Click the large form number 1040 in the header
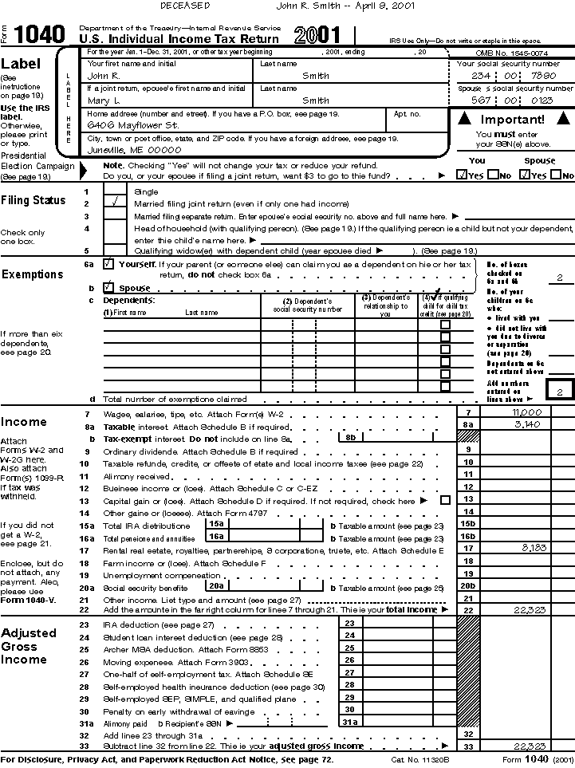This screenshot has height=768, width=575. tap(40, 34)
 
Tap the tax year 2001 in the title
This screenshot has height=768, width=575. tap(317, 35)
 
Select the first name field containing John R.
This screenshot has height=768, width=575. tap(103, 76)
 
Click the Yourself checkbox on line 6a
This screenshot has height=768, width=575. tap(109, 263)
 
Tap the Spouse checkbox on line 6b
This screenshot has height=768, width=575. tap(109, 287)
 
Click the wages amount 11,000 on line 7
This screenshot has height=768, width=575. tap(527, 412)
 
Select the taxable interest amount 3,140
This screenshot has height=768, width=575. tap(528, 424)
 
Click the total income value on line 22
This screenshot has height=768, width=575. tap(527, 610)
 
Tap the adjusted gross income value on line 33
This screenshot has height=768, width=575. tap(528, 746)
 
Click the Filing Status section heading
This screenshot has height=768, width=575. tap(33, 200)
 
